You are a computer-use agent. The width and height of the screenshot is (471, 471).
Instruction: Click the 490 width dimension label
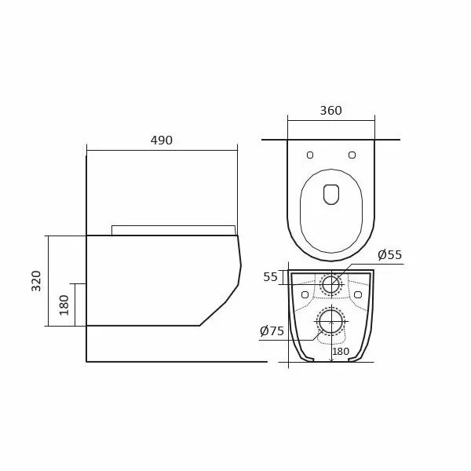[x=162, y=141]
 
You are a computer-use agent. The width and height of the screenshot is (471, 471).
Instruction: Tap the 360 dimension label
[x=330, y=111]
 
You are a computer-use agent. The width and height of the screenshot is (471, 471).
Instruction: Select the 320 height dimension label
[x=36, y=281]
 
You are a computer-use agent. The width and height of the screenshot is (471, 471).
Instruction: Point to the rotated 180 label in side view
[x=64, y=305]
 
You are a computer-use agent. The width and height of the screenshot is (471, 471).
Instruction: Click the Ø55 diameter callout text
[x=389, y=254]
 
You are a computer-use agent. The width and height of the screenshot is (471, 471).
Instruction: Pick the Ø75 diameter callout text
[x=272, y=331]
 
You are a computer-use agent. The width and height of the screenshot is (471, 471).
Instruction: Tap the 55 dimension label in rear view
[x=270, y=277]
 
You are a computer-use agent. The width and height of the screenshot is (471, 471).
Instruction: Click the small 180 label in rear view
[x=341, y=351]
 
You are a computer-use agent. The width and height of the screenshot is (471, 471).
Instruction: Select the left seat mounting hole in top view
[x=310, y=155]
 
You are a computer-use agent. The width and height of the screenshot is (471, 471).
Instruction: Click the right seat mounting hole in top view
[x=352, y=155]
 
